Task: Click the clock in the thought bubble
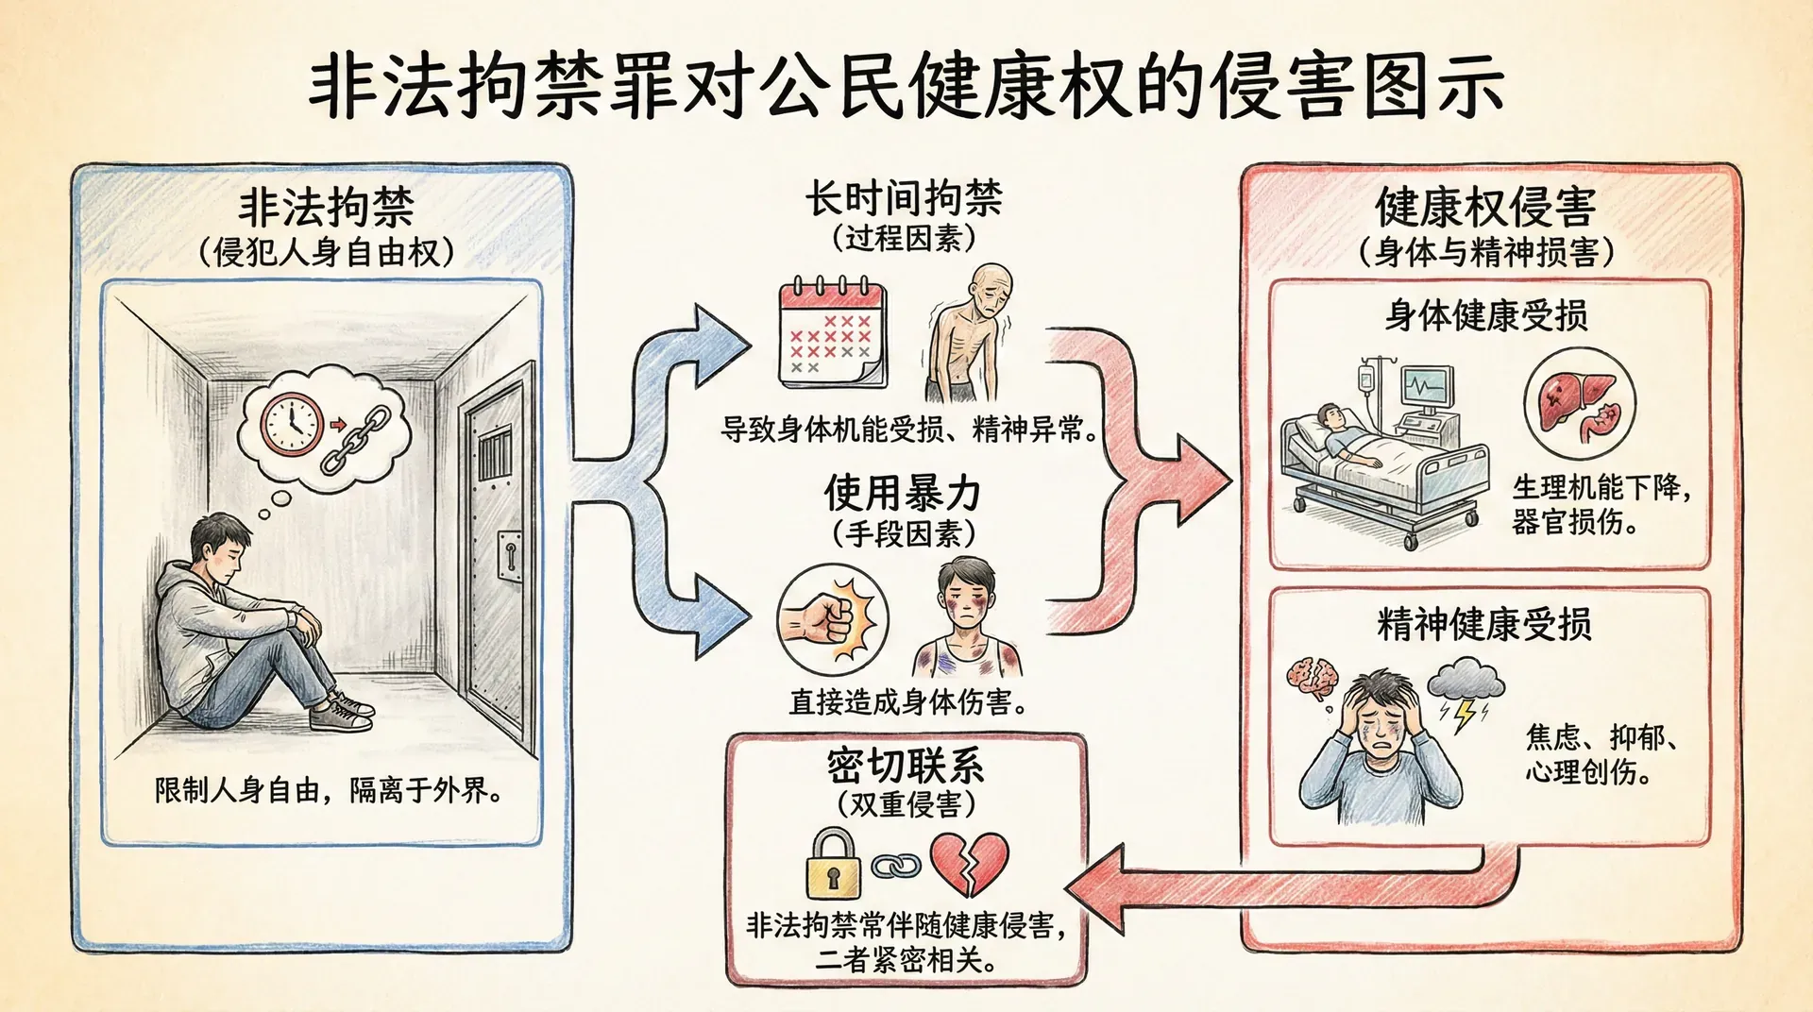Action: point(292,423)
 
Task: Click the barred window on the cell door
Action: point(494,452)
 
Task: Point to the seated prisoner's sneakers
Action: point(343,712)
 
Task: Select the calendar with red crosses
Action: point(832,334)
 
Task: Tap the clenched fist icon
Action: point(831,618)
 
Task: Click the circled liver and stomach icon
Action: point(1579,403)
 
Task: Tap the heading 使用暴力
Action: point(903,493)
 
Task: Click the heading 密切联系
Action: point(906,766)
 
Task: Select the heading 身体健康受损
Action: point(1486,315)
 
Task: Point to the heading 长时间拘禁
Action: point(904,199)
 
